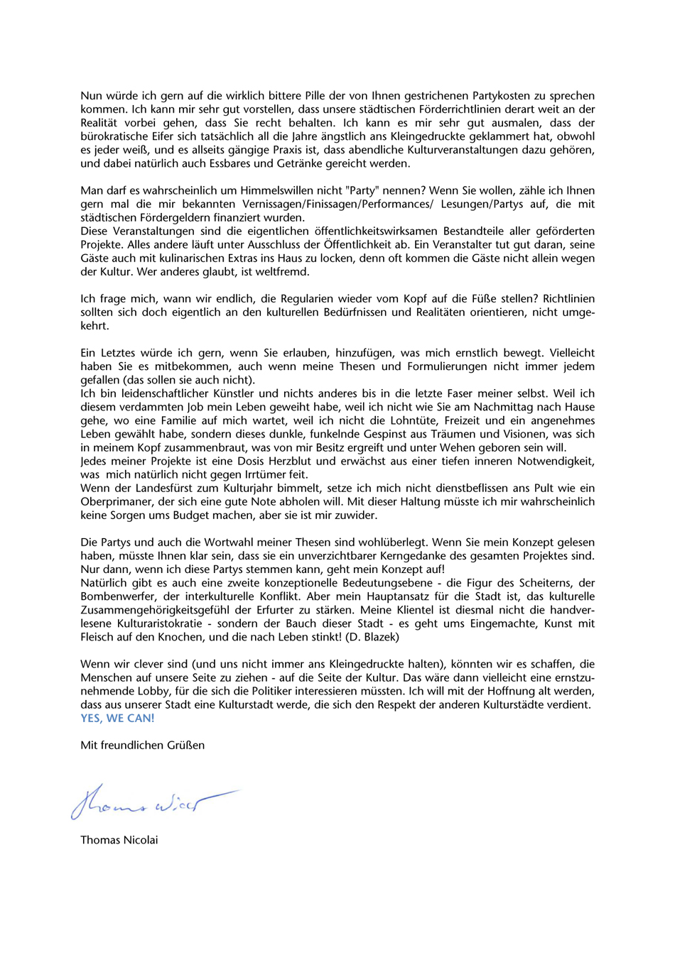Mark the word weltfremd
(283, 272)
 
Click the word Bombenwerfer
(116, 596)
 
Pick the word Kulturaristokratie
(158, 623)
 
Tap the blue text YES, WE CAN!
(117, 718)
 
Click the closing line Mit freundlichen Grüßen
(142, 745)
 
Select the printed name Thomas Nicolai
(119, 840)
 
